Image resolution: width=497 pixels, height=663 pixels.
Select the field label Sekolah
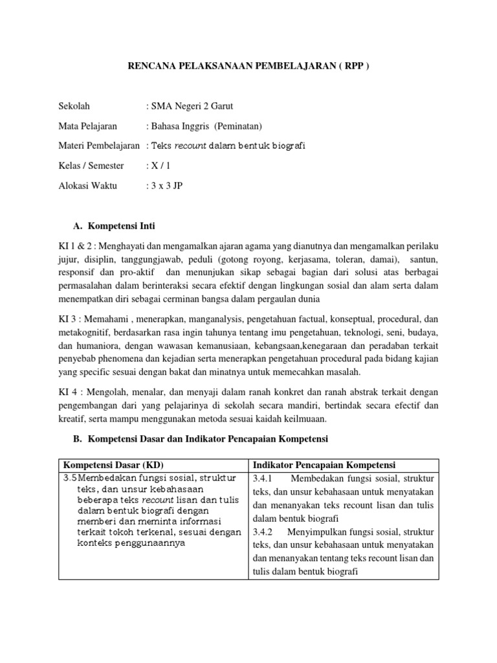[x=75, y=106]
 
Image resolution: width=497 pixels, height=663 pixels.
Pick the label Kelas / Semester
[x=91, y=166]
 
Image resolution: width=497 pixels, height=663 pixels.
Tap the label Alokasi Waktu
[x=88, y=186]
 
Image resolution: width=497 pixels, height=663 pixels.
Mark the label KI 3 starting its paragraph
[x=69, y=319]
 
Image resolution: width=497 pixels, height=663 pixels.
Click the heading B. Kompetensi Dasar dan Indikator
[x=201, y=439]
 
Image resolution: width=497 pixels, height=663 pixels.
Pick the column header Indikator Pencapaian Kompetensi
[x=325, y=466]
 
